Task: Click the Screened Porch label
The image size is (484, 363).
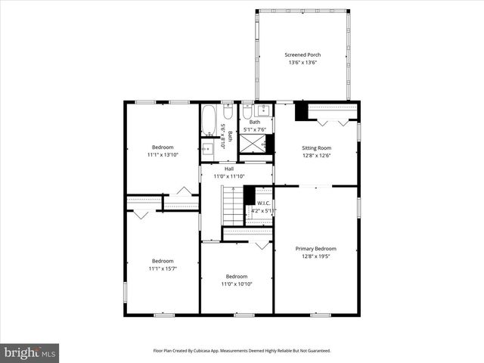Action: pyautogui.click(x=302, y=55)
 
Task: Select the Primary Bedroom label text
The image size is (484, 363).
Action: pyautogui.click(x=315, y=248)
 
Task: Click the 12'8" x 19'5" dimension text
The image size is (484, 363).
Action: pyautogui.click(x=315, y=256)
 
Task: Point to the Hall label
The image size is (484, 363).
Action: pyautogui.click(x=219, y=169)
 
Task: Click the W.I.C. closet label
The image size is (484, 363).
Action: pyautogui.click(x=263, y=203)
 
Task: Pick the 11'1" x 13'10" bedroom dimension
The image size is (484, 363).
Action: pyautogui.click(x=163, y=154)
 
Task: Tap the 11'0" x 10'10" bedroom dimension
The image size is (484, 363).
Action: pyautogui.click(x=236, y=284)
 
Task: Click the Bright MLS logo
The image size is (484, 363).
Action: pyautogui.click(x=30, y=352)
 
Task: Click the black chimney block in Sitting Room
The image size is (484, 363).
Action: pyautogui.click(x=301, y=111)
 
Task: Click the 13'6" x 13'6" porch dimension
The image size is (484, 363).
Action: pyautogui.click(x=302, y=63)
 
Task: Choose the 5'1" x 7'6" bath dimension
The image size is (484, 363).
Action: pyautogui.click(x=255, y=129)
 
